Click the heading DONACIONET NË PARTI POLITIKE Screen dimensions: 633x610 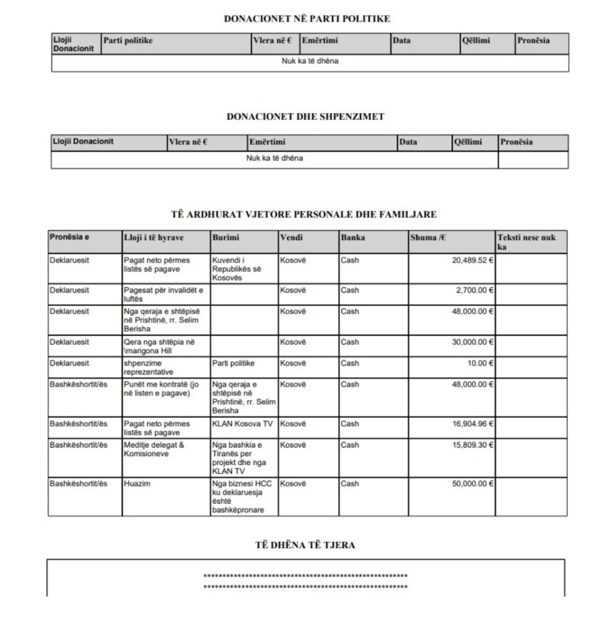click(x=307, y=19)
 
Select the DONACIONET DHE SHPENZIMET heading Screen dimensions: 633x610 click(x=305, y=116)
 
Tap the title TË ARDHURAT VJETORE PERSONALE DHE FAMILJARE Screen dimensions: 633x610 click(x=304, y=215)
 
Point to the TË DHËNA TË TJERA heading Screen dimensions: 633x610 click(x=305, y=545)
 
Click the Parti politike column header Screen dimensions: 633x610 click(x=128, y=41)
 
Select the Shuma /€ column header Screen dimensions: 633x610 click(x=427, y=237)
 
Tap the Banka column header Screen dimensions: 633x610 click(x=353, y=237)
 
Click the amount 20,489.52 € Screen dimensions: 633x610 click(x=473, y=260)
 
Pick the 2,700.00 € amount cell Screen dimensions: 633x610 click(x=475, y=290)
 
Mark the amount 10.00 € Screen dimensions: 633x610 click(x=480, y=363)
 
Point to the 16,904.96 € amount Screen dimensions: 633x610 click(x=473, y=424)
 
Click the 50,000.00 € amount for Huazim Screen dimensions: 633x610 click(x=473, y=484)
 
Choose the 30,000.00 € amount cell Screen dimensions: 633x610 click(x=473, y=342)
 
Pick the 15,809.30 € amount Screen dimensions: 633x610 click(x=473, y=445)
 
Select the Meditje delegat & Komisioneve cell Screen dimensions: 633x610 click(x=154, y=449)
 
